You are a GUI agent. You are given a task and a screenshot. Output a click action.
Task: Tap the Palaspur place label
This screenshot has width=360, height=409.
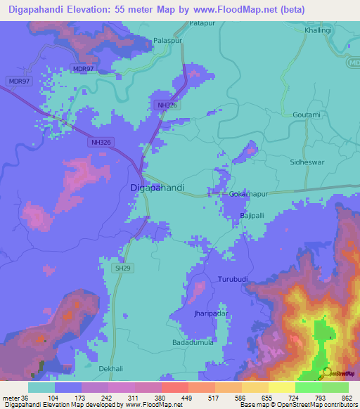[168, 41]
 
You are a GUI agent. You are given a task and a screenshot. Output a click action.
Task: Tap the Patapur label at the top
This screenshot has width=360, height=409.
[202, 24]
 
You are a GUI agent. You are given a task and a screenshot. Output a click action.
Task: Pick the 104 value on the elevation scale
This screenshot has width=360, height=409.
[52, 397]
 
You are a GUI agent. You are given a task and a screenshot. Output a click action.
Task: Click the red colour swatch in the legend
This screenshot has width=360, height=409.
[174, 387]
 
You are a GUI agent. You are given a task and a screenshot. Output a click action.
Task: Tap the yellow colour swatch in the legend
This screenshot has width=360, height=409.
[281, 387]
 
